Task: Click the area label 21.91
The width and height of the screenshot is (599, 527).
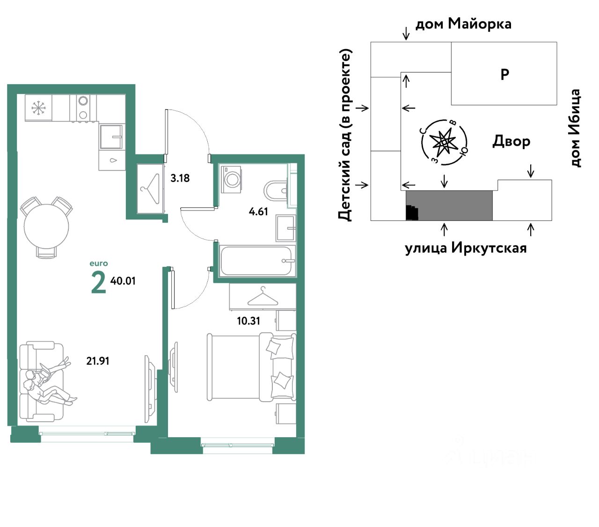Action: (97, 361)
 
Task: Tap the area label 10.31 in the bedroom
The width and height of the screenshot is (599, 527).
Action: (248, 321)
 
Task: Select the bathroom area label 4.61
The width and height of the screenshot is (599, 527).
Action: (258, 212)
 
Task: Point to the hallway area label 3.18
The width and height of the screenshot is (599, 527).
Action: (180, 178)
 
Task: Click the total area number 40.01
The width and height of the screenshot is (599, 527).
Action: (123, 281)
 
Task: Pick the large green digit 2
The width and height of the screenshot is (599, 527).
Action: (98, 282)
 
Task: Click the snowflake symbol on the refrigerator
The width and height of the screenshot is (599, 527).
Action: (38, 108)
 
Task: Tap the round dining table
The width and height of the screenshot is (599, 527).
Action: (46, 226)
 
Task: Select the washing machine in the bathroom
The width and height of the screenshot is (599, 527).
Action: (231, 180)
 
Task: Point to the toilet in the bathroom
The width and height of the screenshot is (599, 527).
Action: (275, 191)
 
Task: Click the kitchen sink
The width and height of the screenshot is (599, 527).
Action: (111, 137)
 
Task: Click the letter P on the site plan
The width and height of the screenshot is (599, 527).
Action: (504, 74)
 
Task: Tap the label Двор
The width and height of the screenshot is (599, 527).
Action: (511, 141)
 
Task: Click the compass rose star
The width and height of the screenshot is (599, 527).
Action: (444, 142)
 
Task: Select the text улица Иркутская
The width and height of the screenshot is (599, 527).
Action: (465, 248)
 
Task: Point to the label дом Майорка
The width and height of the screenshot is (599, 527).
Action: (463, 24)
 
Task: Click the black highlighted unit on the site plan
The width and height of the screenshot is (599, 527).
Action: (412, 212)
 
